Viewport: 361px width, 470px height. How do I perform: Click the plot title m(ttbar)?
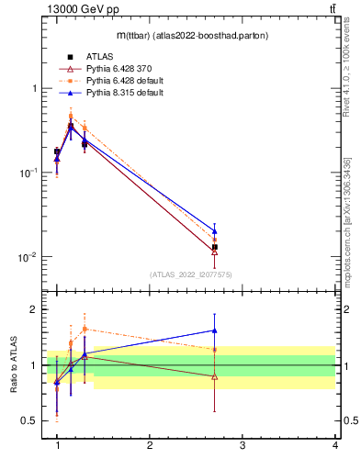[180, 36]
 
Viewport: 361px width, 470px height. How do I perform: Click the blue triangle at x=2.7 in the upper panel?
[214, 230]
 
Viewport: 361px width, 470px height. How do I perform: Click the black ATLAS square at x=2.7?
[214, 247]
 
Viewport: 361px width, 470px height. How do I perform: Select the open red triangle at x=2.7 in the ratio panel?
[214, 376]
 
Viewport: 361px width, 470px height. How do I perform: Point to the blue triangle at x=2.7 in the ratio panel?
[214, 330]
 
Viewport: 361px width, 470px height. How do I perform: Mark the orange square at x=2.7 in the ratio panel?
[214, 350]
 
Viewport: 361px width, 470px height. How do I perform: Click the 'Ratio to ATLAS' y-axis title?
[14, 364]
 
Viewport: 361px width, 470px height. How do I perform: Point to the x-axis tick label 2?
[149, 446]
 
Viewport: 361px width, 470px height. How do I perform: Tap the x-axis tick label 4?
[334, 446]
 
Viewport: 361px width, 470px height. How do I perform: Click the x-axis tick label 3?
[242, 446]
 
